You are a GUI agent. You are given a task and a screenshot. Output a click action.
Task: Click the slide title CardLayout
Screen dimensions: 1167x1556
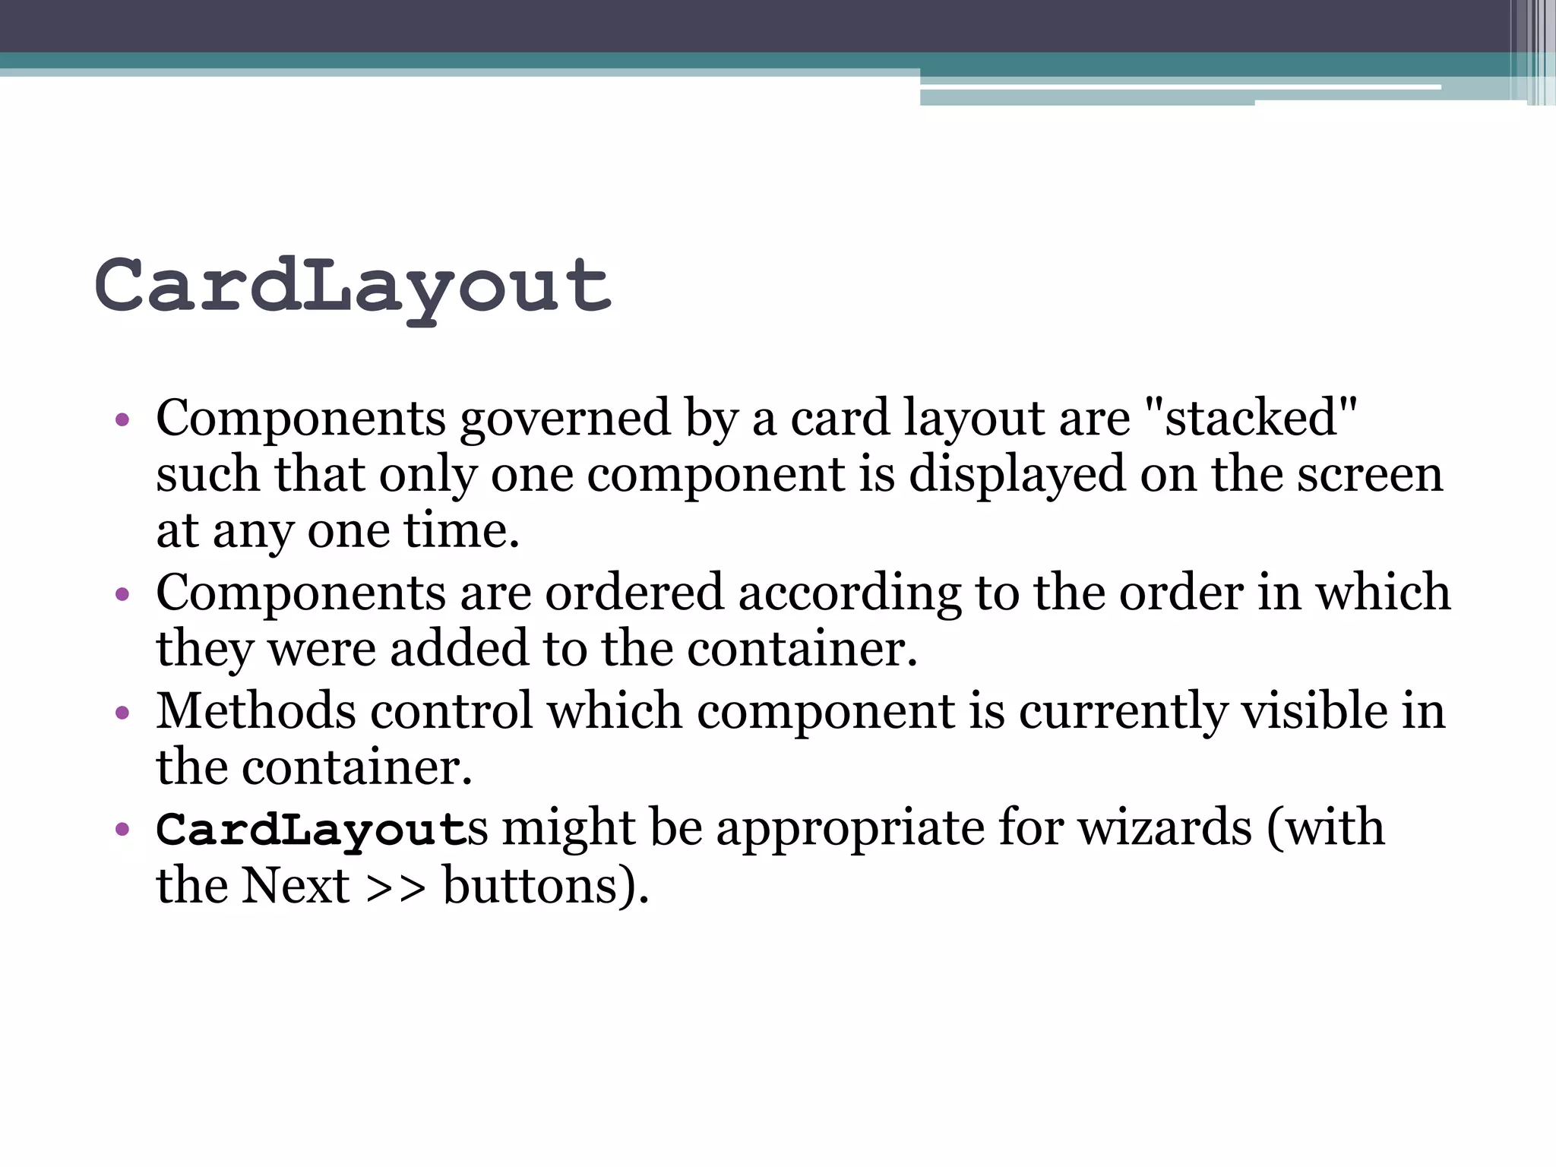[353, 287]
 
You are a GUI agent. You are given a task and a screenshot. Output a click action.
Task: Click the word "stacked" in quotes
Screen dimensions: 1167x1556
[1250, 418]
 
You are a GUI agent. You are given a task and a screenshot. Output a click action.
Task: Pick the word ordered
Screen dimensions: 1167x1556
[634, 593]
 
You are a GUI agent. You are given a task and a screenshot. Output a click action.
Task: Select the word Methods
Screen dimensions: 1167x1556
[256, 711]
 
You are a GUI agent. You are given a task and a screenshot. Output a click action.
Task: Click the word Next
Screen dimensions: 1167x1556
[295, 886]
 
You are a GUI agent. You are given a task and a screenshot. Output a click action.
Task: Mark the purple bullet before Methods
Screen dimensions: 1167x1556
[122, 713]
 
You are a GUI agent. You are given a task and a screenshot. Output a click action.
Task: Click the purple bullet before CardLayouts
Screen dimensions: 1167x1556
[122, 829]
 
